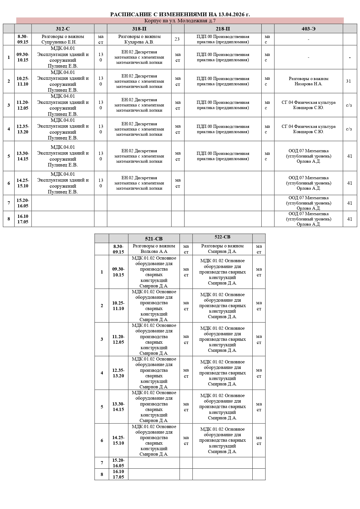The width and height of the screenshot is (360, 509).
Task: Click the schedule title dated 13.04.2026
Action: tap(180, 15)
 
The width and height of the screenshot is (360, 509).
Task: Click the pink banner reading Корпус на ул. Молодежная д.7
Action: tap(180, 21)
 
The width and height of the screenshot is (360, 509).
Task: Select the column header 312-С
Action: tap(63, 28)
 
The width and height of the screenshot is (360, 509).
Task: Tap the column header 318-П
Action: tap(139, 28)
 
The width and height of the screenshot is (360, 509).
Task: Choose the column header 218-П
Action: tap(223, 28)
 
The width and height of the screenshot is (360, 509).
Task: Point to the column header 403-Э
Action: tap(308, 28)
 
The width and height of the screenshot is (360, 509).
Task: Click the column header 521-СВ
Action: tap(154, 239)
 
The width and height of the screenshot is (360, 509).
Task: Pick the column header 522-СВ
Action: tap(222, 237)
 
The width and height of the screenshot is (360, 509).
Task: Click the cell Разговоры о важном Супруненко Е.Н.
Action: tap(63, 39)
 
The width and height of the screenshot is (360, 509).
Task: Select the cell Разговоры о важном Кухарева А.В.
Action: tap(139, 39)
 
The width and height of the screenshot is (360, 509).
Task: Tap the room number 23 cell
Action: tap(177, 39)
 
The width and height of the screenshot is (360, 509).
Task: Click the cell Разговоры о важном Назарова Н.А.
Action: tap(308, 81)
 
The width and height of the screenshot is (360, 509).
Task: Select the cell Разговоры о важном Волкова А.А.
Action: tap(154, 249)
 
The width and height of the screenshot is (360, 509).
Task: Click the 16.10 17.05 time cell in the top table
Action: tap(23, 219)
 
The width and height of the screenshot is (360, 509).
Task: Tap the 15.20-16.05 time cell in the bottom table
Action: tap(118, 463)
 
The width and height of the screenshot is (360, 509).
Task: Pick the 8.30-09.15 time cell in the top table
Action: tap(23, 39)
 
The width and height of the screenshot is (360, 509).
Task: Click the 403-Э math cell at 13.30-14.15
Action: tap(308, 156)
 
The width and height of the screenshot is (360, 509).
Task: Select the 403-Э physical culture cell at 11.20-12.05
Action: tap(308, 105)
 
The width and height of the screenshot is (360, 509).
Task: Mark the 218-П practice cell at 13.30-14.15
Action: tap(223, 156)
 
